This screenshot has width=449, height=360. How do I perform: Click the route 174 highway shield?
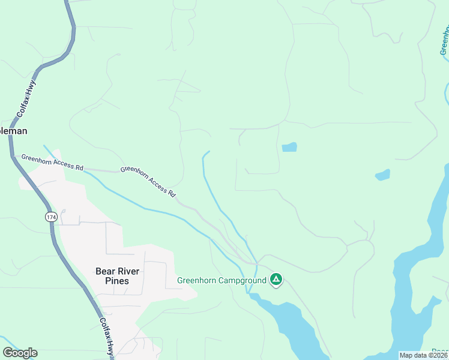coord(50,216)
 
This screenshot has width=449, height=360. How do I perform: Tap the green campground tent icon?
coord(276,279)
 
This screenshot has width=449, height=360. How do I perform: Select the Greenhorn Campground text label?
coord(221,280)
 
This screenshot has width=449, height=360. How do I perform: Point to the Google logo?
coord(20,353)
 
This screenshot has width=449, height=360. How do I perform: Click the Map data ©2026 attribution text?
coord(423,355)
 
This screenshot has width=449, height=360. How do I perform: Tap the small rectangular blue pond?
coord(289,147)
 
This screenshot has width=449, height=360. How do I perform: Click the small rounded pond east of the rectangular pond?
coord(382,175)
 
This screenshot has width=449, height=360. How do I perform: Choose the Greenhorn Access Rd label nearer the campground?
coord(148,181)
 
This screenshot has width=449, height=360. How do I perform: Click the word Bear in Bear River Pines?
coord(104,271)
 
